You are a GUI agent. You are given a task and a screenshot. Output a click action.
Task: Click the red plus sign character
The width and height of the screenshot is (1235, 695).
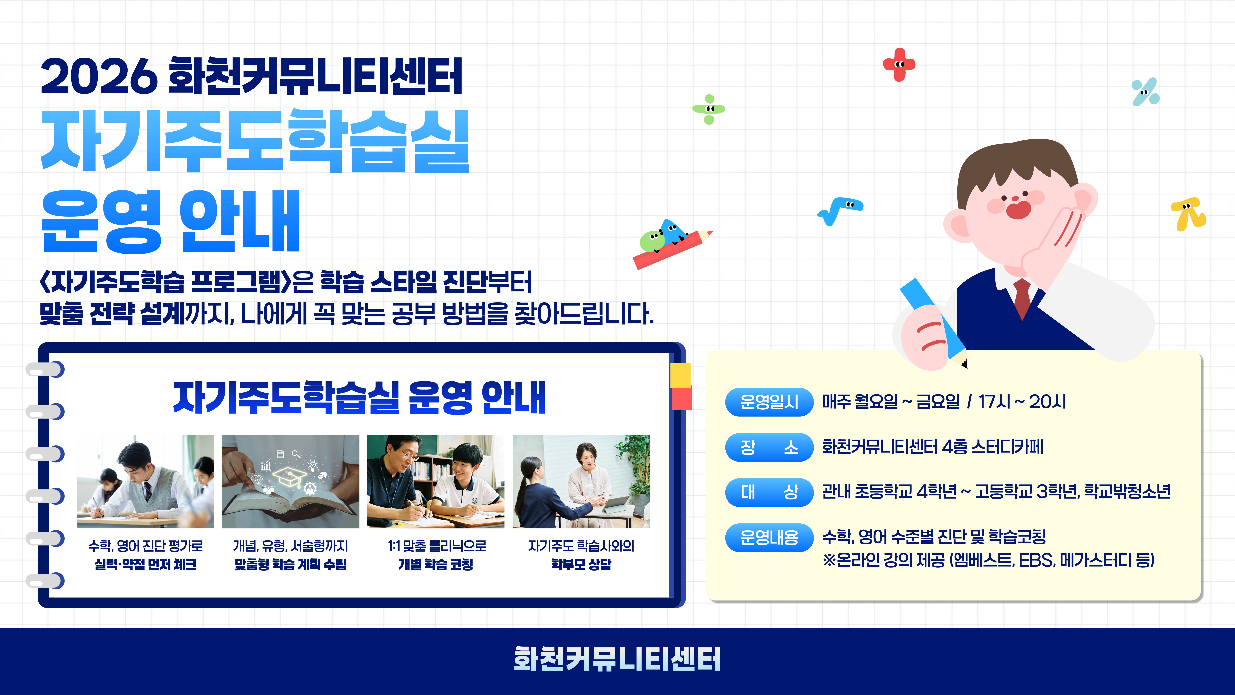click(899, 64)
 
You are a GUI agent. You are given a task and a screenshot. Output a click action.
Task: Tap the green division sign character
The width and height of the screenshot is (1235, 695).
click(709, 109)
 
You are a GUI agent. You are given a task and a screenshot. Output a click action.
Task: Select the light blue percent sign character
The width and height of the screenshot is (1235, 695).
click(1145, 91)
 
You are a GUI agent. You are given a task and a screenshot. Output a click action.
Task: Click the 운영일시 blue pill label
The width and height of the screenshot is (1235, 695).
click(769, 402)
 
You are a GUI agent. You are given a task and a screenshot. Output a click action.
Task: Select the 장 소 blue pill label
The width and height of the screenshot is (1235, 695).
click(769, 447)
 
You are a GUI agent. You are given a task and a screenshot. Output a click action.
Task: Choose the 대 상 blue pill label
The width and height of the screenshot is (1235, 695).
click(769, 492)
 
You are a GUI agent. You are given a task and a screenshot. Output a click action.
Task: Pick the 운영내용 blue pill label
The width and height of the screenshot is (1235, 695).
click(769, 538)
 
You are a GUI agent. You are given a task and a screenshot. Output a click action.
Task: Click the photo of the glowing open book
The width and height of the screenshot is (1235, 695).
click(291, 482)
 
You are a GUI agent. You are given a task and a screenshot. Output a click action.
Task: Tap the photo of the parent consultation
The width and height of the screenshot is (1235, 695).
click(581, 482)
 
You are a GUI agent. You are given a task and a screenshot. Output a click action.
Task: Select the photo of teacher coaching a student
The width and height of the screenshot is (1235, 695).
click(436, 482)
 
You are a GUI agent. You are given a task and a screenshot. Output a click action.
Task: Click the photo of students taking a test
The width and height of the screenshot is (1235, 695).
click(145, 482)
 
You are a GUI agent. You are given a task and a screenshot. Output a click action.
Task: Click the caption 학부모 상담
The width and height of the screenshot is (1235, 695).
click(581, 564)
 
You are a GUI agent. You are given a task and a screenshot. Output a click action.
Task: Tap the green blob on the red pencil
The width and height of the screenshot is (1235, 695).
click(652, 241)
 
